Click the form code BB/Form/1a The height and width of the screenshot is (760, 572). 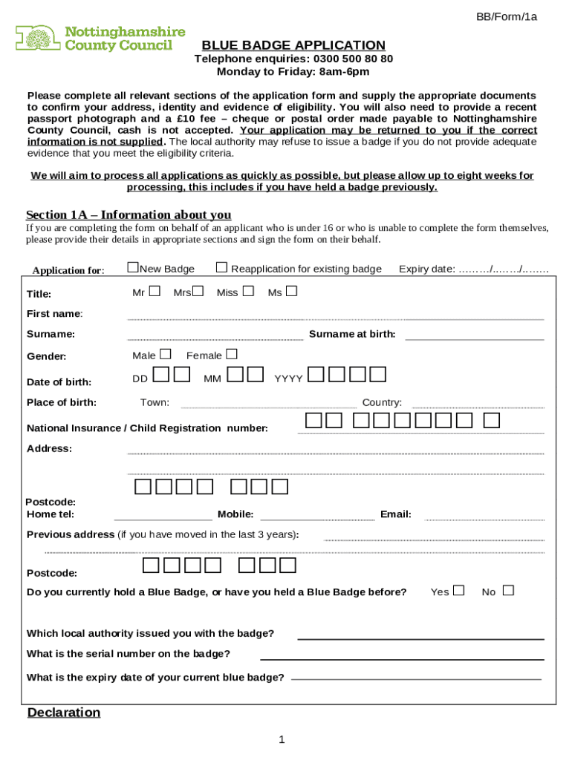[x=507, y=16]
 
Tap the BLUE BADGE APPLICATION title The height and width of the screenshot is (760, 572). [x=293, y=45]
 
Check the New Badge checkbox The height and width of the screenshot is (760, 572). [x=133, y=267]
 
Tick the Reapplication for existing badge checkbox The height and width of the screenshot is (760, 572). [x=221, y=267]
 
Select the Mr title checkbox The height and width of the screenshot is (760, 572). [x=155, y=291]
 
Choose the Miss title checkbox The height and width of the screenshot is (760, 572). [x=248, y=291]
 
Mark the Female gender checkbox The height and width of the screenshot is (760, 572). [x=232, y=354]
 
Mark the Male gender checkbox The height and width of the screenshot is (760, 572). [x=165, y=354]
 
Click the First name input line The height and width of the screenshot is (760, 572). [x=335, y=318]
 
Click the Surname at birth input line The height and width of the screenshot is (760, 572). [x=474, y=338]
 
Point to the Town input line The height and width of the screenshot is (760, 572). [x=268, y=406]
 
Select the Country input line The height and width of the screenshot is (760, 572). [x=478, y=406]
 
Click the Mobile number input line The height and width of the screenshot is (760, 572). [x=317, y=518]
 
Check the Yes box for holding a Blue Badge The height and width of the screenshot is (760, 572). [x=458, y=591]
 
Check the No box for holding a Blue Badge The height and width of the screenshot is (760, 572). [x=508, y=591]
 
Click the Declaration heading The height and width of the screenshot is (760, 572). [x=64, y=712]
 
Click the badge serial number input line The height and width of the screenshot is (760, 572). [x=402, y=658]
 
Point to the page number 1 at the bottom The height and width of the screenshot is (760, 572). [x=282, y=739]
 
